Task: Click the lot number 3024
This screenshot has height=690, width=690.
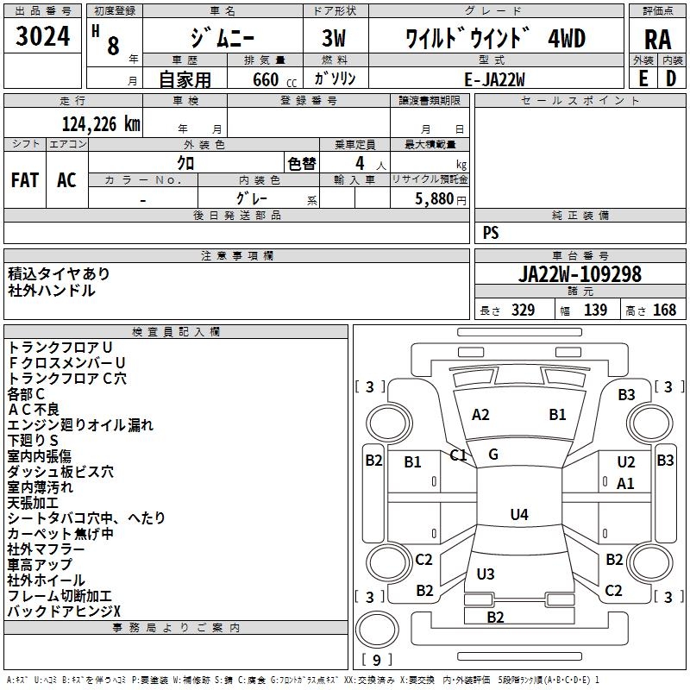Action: click(x=42, y=36)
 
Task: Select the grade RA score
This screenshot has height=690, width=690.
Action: click(x=657, y=40)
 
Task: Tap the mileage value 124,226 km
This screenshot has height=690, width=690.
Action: click(x=101, y=124)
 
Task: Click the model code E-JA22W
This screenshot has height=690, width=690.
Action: click(x=494, y=79)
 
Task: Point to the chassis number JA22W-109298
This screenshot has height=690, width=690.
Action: click(x=580, y=274)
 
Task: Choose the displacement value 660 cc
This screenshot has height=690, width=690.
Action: click(x=274, y=79)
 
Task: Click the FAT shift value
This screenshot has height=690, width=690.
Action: click(x=25, y=180)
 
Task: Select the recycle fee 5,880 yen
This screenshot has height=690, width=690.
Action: click(x=441, y=199)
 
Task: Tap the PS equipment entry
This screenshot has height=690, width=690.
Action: click(x=491, y=232)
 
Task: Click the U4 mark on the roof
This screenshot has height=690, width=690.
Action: click(x=519, y=514)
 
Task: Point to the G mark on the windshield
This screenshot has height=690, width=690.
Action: click(x=493, y=455)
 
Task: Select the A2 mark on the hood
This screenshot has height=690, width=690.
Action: click(x=480, y=415)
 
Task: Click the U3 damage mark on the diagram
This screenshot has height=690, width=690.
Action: click(x=486, y=574)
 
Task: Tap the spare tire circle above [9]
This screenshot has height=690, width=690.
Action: click(x=377, y=629)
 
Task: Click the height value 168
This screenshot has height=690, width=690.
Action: click(x=664, y=310)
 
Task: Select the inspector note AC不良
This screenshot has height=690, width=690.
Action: click(x=34, y=409)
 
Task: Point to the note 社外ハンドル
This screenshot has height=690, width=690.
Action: click(x=52, y=291)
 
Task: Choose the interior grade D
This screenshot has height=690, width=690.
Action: click(x=671, y=78)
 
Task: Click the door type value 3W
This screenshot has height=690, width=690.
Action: click(x=334, y=38)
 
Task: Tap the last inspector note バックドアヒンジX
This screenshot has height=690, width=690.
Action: click(x=64, y=611)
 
